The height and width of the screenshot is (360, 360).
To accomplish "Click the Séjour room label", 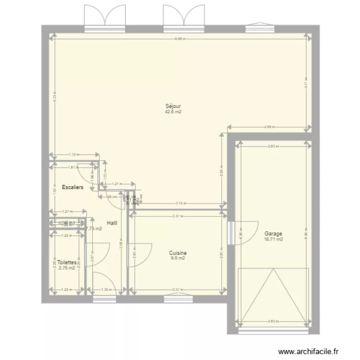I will click(173, 106).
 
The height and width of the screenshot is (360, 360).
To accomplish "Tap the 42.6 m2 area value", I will click(173, 112).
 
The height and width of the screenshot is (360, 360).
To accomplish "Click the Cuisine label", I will click(178, 253).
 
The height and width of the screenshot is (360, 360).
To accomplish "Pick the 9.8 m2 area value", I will click(178, 258).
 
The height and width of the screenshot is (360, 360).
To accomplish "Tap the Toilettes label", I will click(67, 263).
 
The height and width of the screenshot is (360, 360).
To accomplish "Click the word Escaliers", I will click(73, 187).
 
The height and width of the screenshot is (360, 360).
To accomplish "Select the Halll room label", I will click(112, 223).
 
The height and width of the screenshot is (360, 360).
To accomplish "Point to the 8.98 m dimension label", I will click(180, 39).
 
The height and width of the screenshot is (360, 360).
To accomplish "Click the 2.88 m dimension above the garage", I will click(269, 127).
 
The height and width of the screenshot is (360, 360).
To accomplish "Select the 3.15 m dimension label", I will click(180, 203).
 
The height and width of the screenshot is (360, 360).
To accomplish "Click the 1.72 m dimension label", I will click(73, 155).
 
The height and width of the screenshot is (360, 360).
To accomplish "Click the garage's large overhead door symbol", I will click(272, 296).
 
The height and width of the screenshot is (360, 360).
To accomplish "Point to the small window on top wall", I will click(255, 29).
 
